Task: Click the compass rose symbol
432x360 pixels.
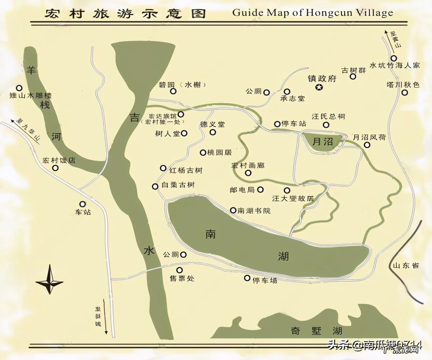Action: [x=49, y=280]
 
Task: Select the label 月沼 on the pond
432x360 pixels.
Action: [x=323, y=141]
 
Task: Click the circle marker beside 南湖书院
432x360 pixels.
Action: [x=233, y=210]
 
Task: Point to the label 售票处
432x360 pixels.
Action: [x=182, y=279]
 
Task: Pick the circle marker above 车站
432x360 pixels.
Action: [x=82, y=204]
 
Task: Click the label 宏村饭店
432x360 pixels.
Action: [x=59, y=160]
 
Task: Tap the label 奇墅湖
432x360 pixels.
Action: [x=316, y=331]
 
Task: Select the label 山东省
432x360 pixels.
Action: [x=406, y=266]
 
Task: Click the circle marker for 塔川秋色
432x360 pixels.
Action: [x=405, y=93]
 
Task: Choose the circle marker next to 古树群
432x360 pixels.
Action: [x=353, y=76]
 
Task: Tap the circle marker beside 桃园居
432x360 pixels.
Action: [x=203, y=152]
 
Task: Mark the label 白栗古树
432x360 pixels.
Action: [x=178, y=185]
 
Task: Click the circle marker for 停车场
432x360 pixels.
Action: [x=247, y=278]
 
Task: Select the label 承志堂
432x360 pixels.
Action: [x=292, y=98]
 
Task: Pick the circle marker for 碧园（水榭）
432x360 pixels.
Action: [x=173, y=91]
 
